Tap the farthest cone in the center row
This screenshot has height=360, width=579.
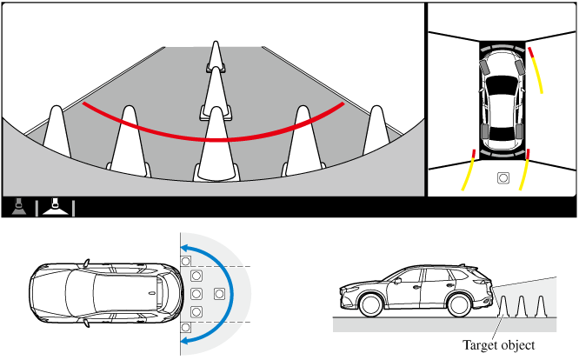coord(216,57)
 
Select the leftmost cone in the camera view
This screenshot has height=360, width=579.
coord(57,131)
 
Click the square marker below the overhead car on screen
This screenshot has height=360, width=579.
coord(503,178)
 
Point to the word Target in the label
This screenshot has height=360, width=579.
coord(478,345)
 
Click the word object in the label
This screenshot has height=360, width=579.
coord(516,345)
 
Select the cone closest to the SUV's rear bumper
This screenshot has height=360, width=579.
coord(503,306)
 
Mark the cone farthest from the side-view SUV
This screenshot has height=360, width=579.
coord(541,306)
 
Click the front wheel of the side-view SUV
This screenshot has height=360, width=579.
coord(370,304)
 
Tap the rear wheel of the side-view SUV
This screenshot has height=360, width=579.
coord(460,304)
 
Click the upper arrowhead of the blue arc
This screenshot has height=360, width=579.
coord(184,248)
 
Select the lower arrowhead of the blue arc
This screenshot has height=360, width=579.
coord(185,340)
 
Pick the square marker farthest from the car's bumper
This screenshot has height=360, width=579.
coord(219,294)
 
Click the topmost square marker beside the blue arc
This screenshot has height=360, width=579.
coord(186,262)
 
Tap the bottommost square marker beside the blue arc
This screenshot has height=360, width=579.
coord(186,328)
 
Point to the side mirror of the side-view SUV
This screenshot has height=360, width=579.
coord(397,281)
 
